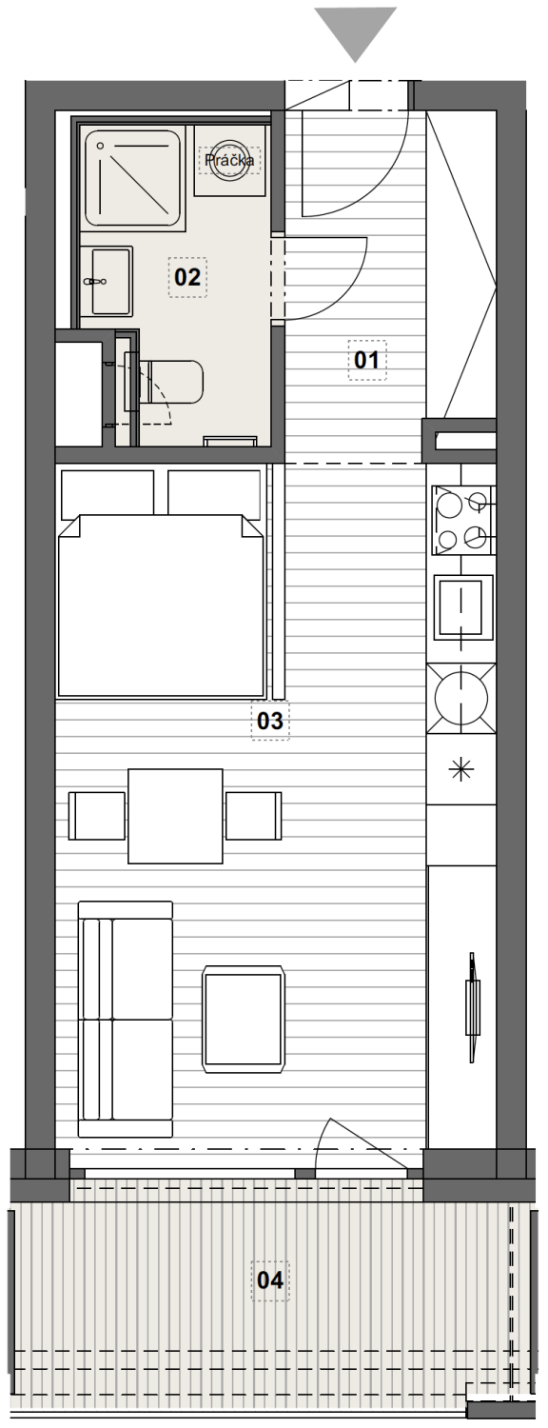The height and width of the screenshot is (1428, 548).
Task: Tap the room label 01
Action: (x=367, y=360)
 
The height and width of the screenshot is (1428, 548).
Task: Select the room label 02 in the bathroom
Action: (x=187, y=277)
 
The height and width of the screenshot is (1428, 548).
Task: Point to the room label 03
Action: (x=269, y=721)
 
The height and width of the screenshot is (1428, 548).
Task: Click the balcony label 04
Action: (x=270, y=1279)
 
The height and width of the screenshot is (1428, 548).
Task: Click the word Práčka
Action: (x=229, y=159)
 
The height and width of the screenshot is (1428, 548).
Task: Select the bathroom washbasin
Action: (x=108, y=281)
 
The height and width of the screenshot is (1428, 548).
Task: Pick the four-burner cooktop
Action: (x=463, y=520)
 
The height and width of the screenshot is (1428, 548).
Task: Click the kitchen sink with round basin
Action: (x=460, y=698)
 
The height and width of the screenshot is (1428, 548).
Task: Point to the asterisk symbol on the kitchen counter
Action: (x=461, y=769)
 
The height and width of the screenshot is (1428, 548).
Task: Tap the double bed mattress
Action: (x=161, y=605)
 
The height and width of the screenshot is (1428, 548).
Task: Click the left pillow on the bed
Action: (x=108, y=493)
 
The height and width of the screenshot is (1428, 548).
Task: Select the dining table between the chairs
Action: (x=175, y=816)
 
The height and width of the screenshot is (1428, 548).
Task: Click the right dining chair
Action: (x=254, y=816)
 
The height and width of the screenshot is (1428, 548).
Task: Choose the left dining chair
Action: (x=97, y=816)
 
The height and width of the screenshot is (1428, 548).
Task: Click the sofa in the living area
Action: (x=126, y=1019)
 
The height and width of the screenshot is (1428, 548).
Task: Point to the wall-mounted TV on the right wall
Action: (x=472, y=1006)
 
